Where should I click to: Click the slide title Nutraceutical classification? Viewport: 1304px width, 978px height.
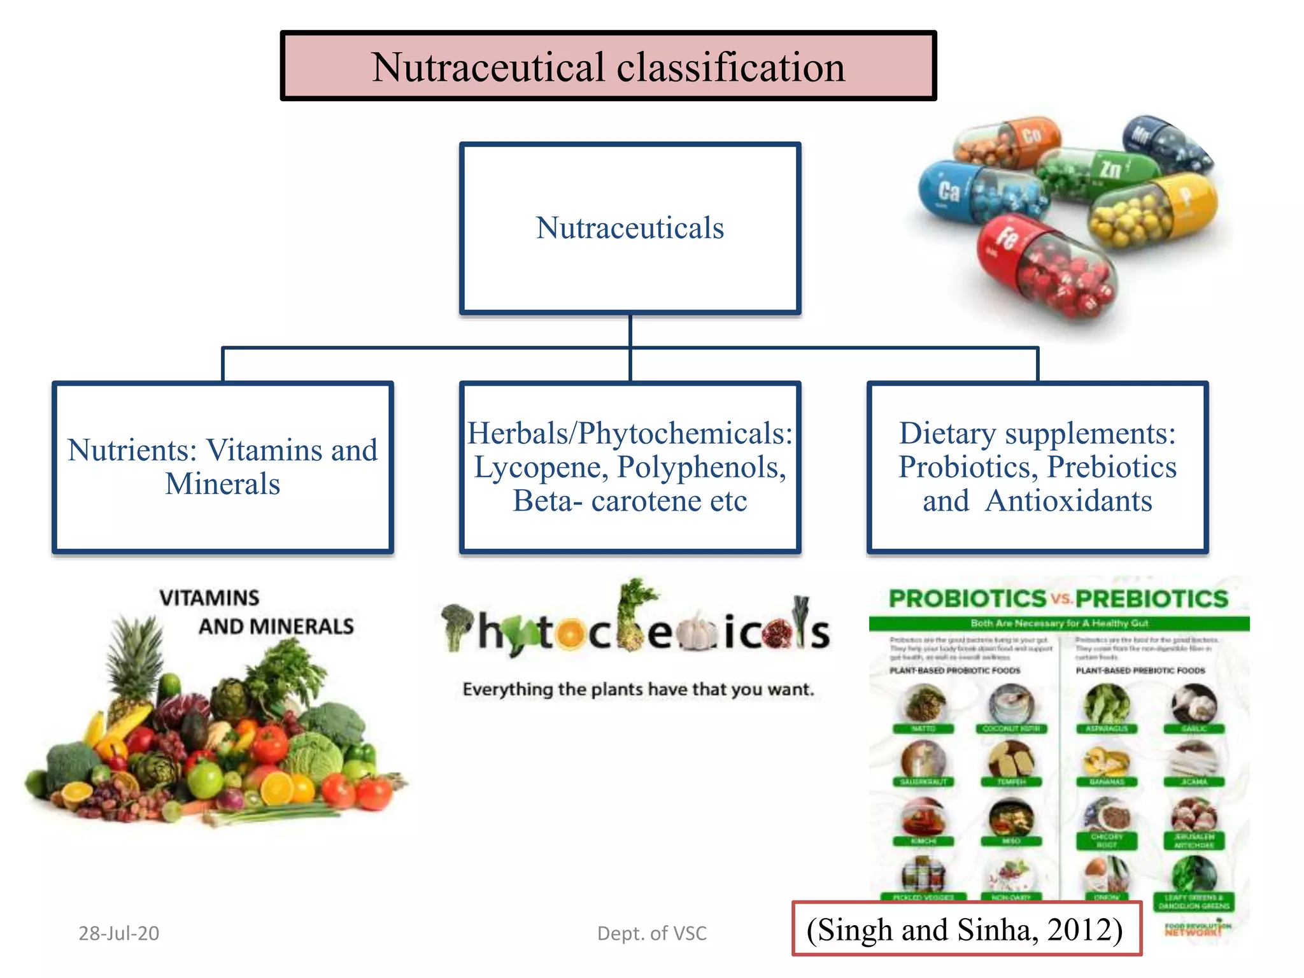pyautogui.click(x=608, y=67)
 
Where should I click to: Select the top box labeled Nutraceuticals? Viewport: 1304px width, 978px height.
pyautogui.click(x=630, y=228)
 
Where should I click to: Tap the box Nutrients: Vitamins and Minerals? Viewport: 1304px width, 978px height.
pyautogui.click(x=222, y=467)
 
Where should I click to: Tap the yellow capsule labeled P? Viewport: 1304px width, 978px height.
pyautogui.click(x=1152, y=210)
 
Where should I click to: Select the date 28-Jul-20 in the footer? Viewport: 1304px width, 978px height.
pyautogui.click(x=118, y=933)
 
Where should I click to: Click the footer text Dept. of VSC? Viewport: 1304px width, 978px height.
pyautogui.click(x=651, y=933)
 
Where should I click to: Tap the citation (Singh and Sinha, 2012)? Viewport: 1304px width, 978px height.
pyautogui.click(x=965, y=929)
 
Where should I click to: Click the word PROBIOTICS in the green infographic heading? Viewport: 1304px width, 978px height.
pyautogui.click(x=967, y=599)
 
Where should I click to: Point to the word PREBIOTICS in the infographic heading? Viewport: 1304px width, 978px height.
pyautogui.click(x=1151, y=599)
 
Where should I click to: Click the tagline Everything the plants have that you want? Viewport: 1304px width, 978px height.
pyautogui.click(x=638, y=689)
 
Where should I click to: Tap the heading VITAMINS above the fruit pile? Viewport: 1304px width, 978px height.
pyautogui.click(x=209, y=598)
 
